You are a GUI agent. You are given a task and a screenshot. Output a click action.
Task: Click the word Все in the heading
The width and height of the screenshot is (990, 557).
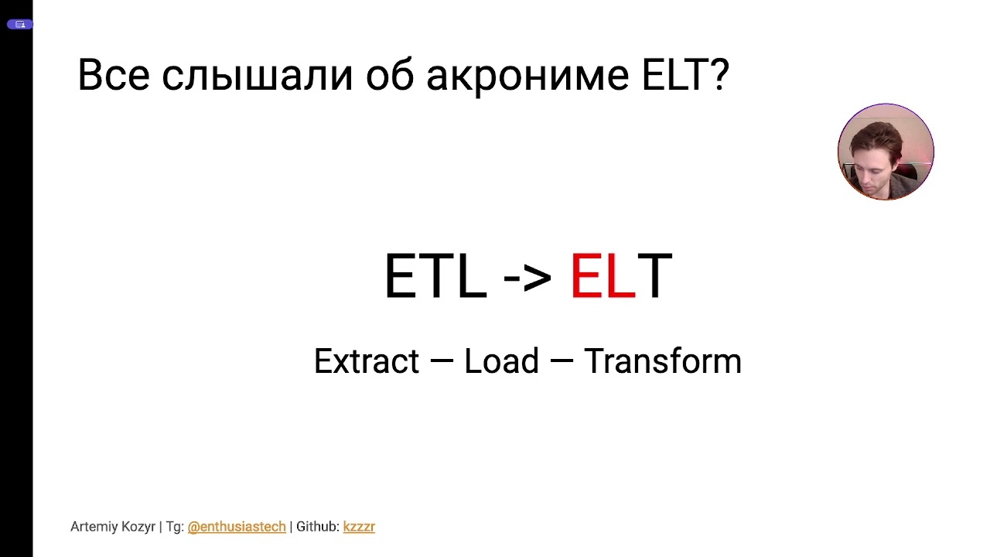113,76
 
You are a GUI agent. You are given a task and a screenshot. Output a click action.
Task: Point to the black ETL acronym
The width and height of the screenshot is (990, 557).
435,276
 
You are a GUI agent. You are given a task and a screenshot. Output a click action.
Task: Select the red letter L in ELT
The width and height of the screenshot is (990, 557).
620,276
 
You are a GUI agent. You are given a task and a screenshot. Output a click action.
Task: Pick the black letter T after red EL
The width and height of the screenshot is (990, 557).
655,276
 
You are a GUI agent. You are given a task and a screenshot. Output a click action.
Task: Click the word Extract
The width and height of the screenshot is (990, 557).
366,361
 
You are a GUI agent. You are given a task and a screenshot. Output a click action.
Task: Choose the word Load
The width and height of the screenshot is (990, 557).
501,361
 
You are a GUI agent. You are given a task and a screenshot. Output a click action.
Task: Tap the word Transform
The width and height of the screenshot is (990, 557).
662,361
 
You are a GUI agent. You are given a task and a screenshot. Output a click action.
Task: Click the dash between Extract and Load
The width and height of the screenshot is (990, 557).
441,361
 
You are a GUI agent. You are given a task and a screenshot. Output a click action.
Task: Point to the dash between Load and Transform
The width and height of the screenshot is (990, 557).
561,361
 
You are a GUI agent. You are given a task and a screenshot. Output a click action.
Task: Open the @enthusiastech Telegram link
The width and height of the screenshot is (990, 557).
237,527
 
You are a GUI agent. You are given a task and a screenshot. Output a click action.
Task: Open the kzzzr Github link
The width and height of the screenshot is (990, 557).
359,527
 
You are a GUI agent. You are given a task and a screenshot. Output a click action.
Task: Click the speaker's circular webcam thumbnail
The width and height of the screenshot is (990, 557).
886,152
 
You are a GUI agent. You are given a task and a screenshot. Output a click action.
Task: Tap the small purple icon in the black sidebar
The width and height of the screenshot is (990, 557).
20,24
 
